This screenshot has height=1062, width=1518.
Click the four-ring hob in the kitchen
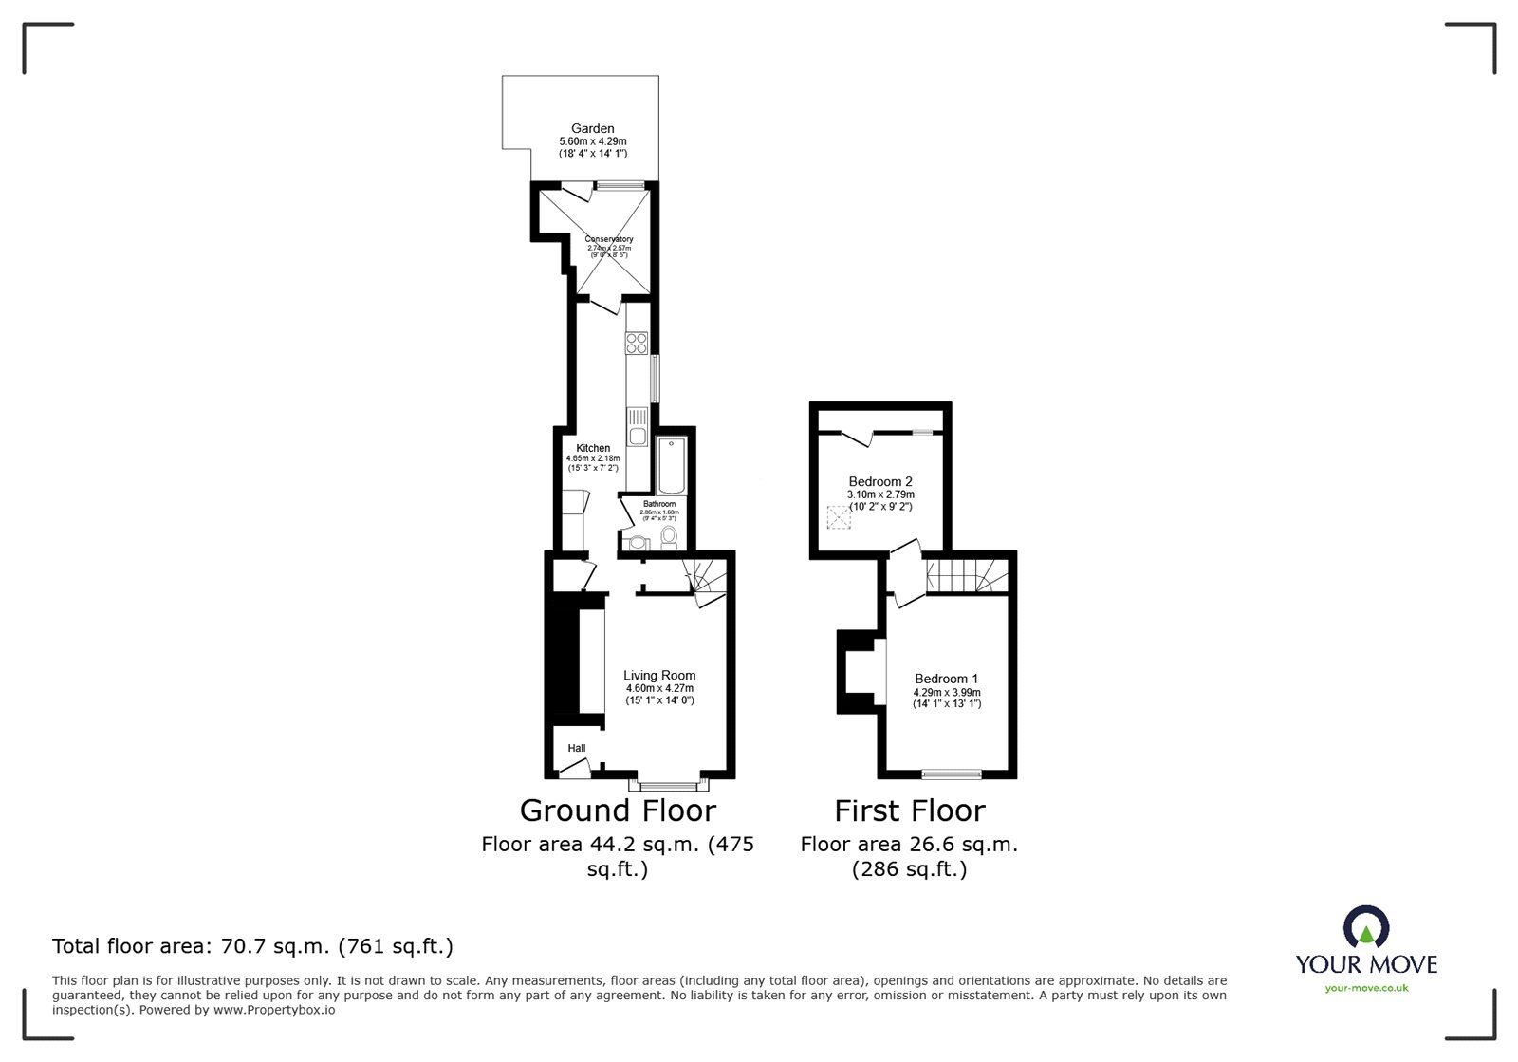pos(636,343)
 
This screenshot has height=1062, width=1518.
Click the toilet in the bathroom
pos(669,538)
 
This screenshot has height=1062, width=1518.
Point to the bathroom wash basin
pos(637,542)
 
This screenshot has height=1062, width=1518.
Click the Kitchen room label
pos(593,448)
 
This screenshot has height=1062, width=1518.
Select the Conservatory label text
pos(608,239)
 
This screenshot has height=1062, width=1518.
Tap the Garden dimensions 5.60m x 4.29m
pos(592,140)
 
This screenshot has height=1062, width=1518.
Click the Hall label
pos(577,748)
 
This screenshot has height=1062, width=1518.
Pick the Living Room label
pos(659,676)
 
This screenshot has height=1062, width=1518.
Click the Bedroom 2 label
pos(880,481)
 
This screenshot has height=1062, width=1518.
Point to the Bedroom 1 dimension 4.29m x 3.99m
pos(946,692)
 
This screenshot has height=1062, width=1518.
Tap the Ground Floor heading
pos(618,810)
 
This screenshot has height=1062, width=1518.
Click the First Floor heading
pos(909,810)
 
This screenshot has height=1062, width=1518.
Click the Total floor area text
pos(252,946)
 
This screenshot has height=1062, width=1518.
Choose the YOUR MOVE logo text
pos(1366,964)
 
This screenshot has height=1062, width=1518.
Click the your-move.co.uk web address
pos(1366,988)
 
